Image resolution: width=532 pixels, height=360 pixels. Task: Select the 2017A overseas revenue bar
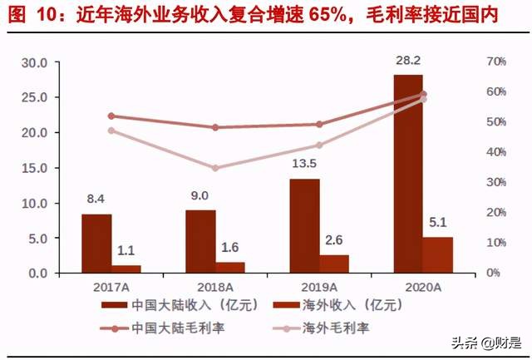(126, 269)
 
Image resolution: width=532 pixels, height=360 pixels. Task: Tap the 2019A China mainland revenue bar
(304, 225)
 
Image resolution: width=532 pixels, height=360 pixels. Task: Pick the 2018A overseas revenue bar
(230, 267)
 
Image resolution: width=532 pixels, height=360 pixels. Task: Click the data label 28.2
(407, 61)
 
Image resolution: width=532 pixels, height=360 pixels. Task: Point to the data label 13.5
(304, 164)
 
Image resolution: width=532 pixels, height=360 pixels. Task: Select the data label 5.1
(438, 223)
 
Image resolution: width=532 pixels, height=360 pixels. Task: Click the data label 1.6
(230, 248)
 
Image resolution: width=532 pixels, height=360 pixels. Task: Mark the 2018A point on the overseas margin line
(215, 168)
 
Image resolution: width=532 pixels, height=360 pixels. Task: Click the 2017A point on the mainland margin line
(111, 116)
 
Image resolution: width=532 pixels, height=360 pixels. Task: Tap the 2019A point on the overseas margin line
(319, 145)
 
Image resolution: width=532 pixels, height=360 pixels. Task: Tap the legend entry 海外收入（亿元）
(332, 304)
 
